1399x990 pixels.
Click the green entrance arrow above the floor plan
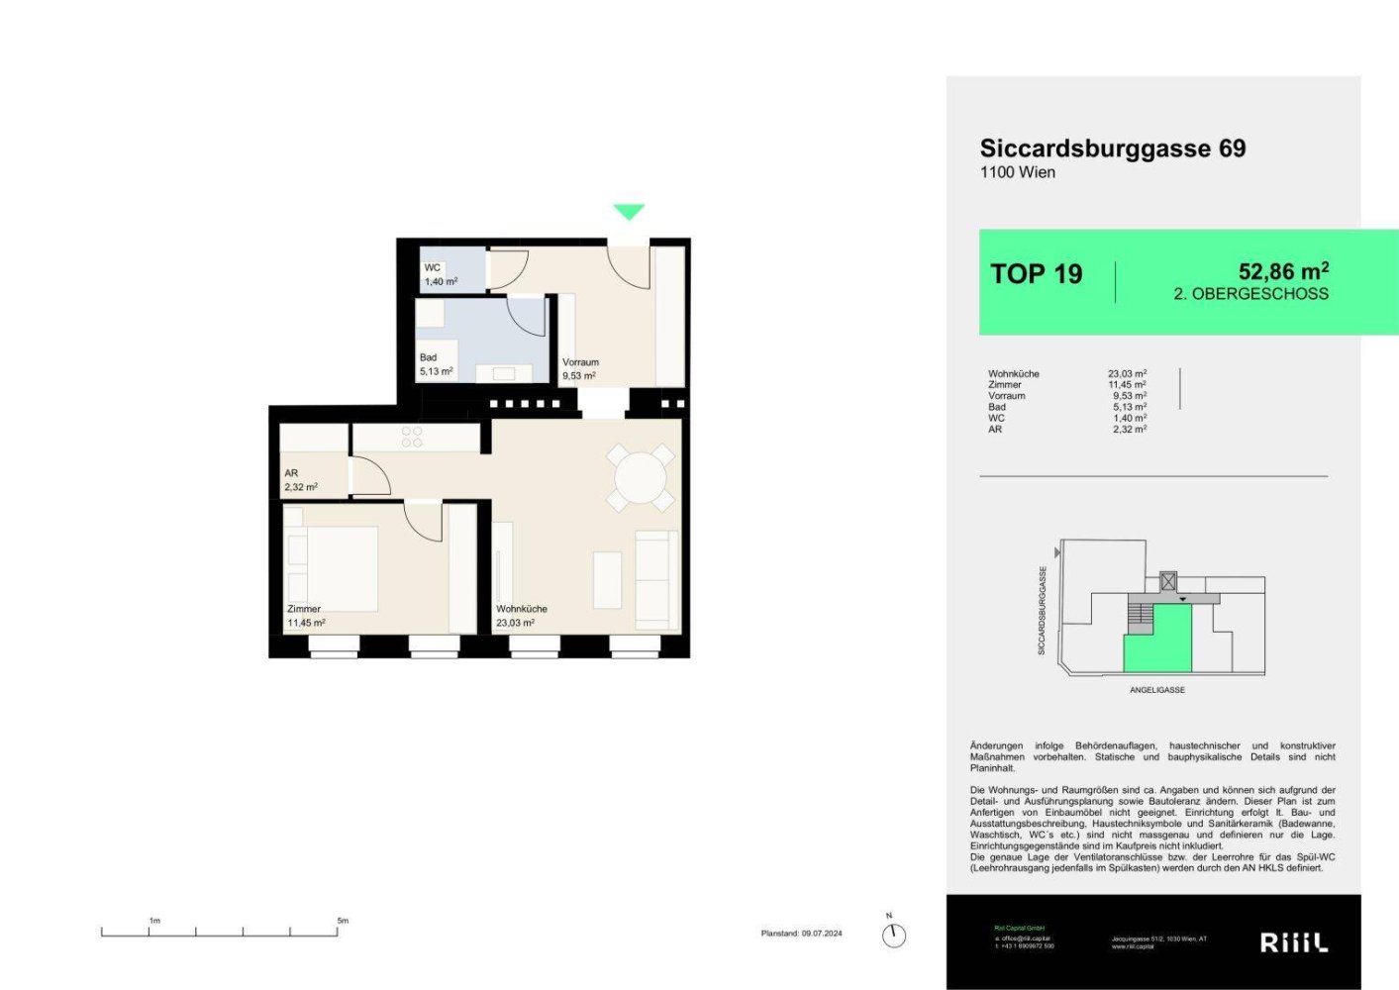[x=629, y=211]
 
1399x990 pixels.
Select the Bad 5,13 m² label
[x=436, y=364]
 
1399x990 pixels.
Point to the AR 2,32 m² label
[x=301, y=480]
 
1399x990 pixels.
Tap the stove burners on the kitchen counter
[x=412, y=437]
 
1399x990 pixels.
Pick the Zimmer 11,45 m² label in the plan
[x=306, y=616]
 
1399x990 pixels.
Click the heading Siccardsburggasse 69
[x=1112, y=148]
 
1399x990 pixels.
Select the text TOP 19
[x=1036, y=274]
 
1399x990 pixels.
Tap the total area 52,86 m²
[x=1282, y=271]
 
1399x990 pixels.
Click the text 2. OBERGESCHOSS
[x=1250, y=294]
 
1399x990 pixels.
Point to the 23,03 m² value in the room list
[x=1127, y=374]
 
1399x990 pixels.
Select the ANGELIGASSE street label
[x=1156, y=690]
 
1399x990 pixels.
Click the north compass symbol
[x=893, y=935]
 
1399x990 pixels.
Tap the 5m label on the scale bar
[x=343, y=921]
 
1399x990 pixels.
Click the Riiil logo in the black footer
[x=1293, y=942]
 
